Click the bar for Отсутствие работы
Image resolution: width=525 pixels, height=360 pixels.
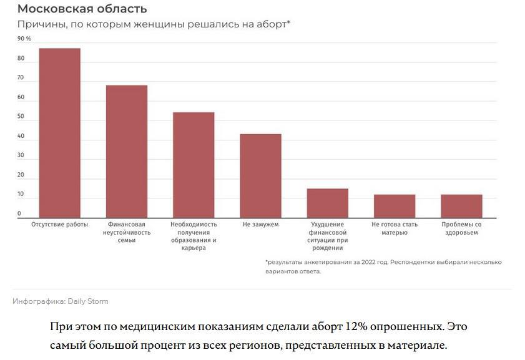(x=60, y=133)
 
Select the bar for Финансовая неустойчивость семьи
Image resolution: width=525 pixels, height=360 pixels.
(x=127, y=152)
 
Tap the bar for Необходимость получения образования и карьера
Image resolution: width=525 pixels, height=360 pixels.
(x=194, y=165)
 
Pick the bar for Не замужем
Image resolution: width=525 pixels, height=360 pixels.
(x=260, y=176)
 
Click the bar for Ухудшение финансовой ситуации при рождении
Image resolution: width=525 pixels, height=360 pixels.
(x=327, y=203)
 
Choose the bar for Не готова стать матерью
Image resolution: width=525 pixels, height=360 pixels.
(x=395, y=206)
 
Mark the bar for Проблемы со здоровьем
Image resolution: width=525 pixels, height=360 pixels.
(x=461, y=206)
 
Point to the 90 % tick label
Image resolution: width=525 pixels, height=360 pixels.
(x=24, y=39)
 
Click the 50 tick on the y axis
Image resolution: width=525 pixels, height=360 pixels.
(x=21, y=117)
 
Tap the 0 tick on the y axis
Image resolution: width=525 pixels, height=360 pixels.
(x=19, y=213)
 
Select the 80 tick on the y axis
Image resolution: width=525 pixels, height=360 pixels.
(x=21, y=59)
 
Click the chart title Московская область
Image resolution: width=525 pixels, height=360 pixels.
(x=82, y=9)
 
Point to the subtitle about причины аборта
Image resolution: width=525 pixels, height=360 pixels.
(x=154, y=24)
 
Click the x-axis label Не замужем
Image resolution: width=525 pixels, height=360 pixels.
(x=260, y=224)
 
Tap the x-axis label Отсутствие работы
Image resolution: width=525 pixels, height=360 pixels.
(x=60, y=224)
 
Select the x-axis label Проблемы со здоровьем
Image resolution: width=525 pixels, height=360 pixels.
(x=461, y=228)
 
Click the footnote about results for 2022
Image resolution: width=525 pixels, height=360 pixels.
(x=383, y=266)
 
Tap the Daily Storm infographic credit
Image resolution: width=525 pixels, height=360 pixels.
(x=61, y=301)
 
